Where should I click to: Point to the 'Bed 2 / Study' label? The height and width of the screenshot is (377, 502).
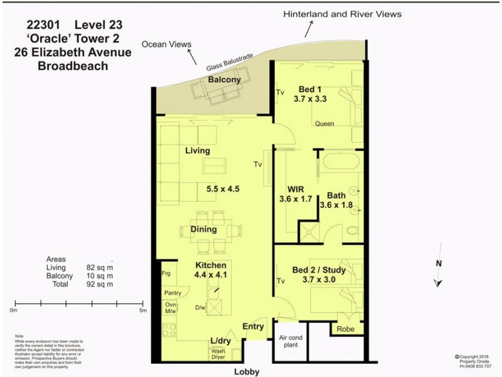pyautogui.click(x=319, y=270)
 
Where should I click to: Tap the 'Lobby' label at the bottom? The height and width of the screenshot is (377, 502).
pyautogui.click(x=247, y=371)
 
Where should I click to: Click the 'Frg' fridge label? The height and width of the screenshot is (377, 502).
pyautogui.click(x=166, y=274)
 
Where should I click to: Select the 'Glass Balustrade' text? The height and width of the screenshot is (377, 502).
pyautogui.click(x=230, y=63)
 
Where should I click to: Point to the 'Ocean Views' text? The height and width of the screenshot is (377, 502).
pyautogui.click(x=166, y=45)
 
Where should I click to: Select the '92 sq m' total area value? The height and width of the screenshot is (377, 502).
pyautogui.click(x=100, y=285)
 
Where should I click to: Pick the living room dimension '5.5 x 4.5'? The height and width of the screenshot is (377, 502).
pyautogui.click(x=223, y=188)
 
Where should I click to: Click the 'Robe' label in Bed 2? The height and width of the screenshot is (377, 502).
pyautogui.click(x=346, y=329)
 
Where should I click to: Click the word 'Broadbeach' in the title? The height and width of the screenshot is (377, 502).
pyautogui.click(x=73, y=66)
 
